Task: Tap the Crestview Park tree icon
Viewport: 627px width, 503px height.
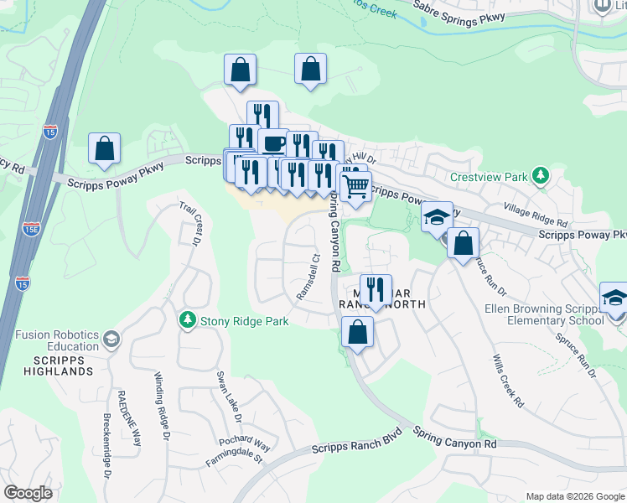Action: coord(541,175)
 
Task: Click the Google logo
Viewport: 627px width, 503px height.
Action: coord(28,493)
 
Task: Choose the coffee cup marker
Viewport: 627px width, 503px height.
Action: coord(273,142)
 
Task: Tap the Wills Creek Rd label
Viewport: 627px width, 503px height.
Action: coord(506,380)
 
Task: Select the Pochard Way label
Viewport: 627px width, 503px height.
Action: coord(245,443)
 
